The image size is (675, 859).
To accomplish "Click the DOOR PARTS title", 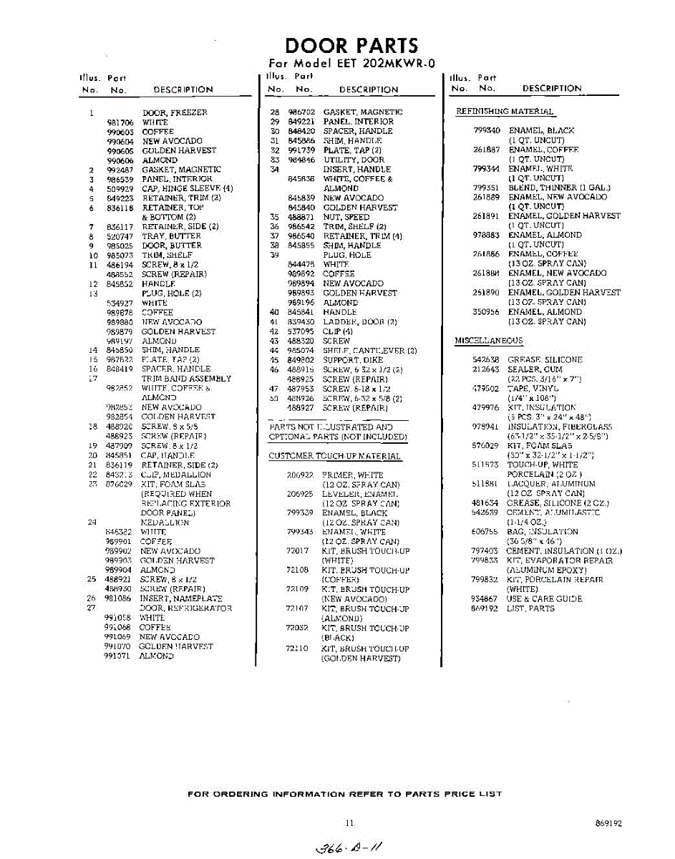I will (x=351, y=46).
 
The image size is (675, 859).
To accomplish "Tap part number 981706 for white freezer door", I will (x=120, y=122).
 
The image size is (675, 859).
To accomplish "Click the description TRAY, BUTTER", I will (x=172, y=236).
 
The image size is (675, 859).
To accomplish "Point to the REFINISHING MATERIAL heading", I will (x=505, y=112).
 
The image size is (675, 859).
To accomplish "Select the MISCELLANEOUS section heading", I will (x=489, y=341).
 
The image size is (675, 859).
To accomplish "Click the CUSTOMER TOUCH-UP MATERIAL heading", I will (x=334, y=456).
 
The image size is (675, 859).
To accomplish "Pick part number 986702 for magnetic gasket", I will (x=301, y=112).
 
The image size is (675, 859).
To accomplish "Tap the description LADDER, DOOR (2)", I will (x=360, y=322).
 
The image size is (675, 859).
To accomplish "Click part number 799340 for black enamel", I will (x=486, y=131).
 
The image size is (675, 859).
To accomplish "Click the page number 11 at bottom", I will (x=349, y=823).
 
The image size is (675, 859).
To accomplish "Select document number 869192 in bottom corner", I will (x=608, y=824).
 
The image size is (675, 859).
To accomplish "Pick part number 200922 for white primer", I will (x=301, y=475).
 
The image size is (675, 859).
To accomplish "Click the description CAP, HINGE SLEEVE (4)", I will (x=188, y=189).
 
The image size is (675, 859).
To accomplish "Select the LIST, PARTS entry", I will (x=530, y=608).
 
